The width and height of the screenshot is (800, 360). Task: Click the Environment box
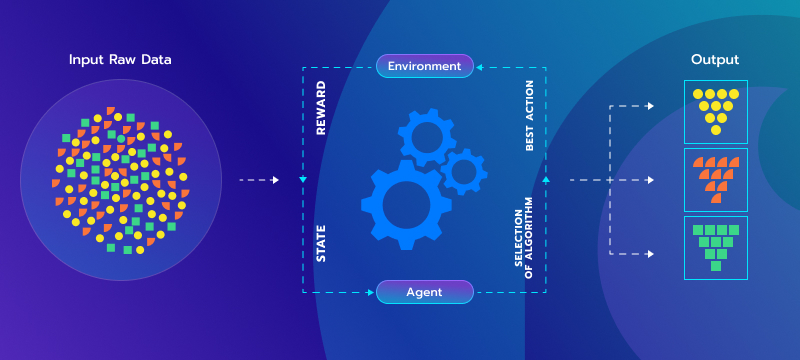pos(424,67)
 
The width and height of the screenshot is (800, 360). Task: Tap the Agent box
pos(424,292)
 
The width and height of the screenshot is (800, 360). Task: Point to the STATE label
pos(321,243)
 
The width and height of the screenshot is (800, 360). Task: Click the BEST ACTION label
pos(530,117)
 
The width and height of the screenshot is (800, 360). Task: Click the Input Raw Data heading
pos(120,60)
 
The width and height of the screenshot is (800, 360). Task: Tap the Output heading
pos(715,60)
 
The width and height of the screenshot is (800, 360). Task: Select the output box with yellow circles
pos(715,111)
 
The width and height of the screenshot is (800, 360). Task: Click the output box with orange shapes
pos(715,179)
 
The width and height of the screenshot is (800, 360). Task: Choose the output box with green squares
pos(715,247)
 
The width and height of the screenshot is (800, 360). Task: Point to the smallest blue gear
pos(463,171)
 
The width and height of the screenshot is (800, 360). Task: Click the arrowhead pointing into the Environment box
pos(478,67)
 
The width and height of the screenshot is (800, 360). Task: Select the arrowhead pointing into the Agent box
pos(370,292)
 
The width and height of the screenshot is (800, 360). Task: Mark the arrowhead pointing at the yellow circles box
pos(651,105)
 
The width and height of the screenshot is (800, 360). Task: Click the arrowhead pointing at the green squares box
pos(651,254)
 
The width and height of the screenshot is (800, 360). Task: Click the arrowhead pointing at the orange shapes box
pos(651,180)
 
